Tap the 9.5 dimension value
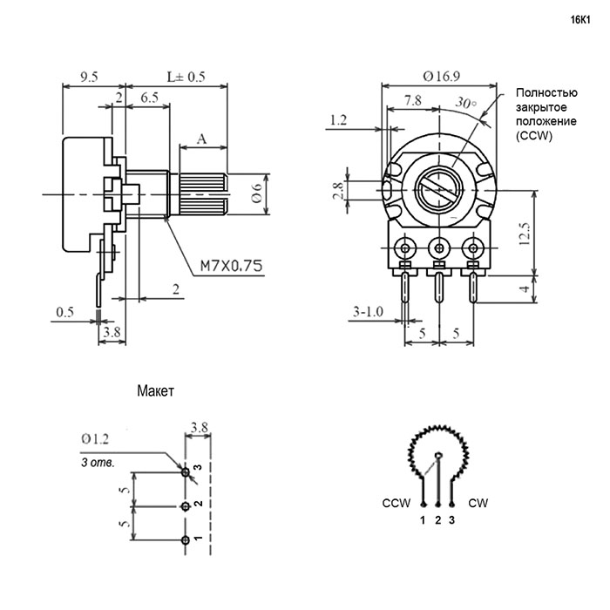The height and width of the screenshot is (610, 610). pyautogui.click(x=87, y=77)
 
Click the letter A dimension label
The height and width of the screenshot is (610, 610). pyautogui.click(x=202, y=138)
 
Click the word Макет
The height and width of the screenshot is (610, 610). pyautogui.click(x=157, y=391)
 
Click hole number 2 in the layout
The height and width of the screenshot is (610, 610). pyautogui.click(x=185, y=506)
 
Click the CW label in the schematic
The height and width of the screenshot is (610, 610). pyautogui.click(x=478, y=504)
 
